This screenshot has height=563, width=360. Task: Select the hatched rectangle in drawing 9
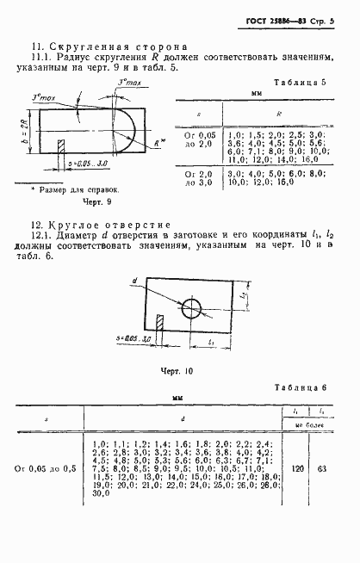coord(60,145)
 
